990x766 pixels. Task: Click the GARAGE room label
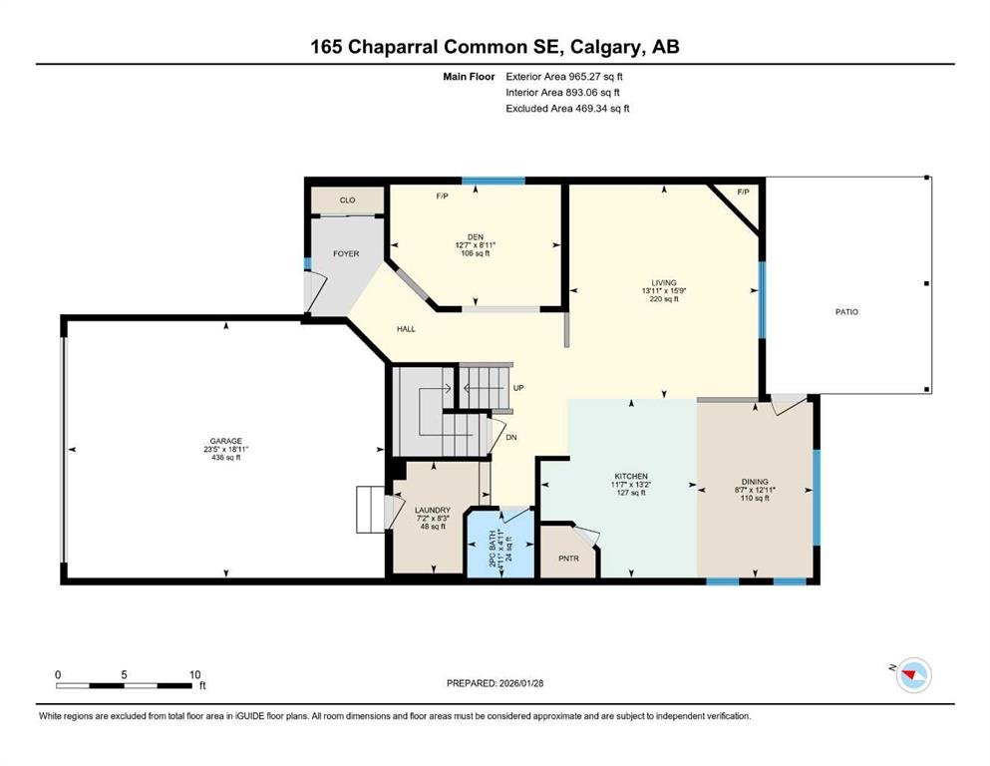click(226, 441)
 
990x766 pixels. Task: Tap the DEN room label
click(476, 236)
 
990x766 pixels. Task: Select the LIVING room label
click(664, 283)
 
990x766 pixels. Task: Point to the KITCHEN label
click(631, 476)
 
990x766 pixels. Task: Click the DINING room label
click(755, 481)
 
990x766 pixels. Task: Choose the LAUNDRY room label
click(433, 511)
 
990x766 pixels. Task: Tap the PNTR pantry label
click(569, 559)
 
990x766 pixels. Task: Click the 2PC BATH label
click(492, 548)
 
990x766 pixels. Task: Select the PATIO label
click(846, 312)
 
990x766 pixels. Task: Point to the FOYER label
click(346, 253)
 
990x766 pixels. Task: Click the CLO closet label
click(347, 200)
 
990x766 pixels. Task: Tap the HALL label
click(406, 329)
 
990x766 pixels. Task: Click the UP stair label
click(518, 388)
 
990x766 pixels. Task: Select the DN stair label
click(511, 437)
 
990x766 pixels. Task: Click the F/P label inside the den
click(442, 195)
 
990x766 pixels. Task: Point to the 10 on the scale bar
click(195, 675)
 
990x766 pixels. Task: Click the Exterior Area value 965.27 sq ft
click(596, 77)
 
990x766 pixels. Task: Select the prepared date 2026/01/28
click(521, 683)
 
